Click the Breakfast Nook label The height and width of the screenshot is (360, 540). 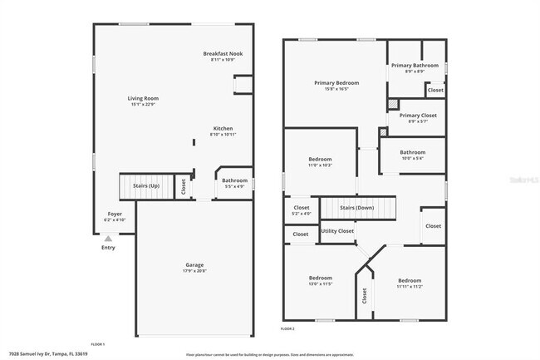[223, 54]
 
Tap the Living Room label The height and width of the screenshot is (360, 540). [144, 98]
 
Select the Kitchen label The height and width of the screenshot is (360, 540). [223, 128]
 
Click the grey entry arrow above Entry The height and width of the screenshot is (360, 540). [108, 238]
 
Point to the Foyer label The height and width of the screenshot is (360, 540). [115, 214]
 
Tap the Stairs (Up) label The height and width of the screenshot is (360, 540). [146, 186]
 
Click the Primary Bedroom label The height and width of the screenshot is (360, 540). [336, 83]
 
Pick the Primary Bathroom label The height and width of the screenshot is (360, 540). [415, 65]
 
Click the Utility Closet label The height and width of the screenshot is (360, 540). [337, 230]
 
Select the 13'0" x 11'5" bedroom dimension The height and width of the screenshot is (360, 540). [321, 284]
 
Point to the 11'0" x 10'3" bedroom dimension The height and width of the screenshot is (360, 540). [321, 165]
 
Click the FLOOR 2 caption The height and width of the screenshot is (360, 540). [287, 329]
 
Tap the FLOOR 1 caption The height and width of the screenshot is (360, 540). [98, 343]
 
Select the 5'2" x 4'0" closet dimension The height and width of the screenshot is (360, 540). [302, 214]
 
